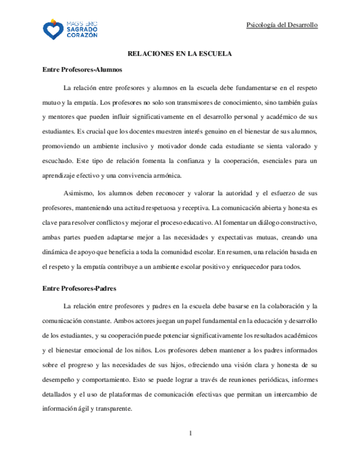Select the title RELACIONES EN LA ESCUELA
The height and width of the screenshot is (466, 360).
click(x=180, y=54)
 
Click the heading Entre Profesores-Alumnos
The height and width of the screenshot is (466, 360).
click(x=82, y=70)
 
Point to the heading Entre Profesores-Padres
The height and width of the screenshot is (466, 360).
click(x=79, y=288)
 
